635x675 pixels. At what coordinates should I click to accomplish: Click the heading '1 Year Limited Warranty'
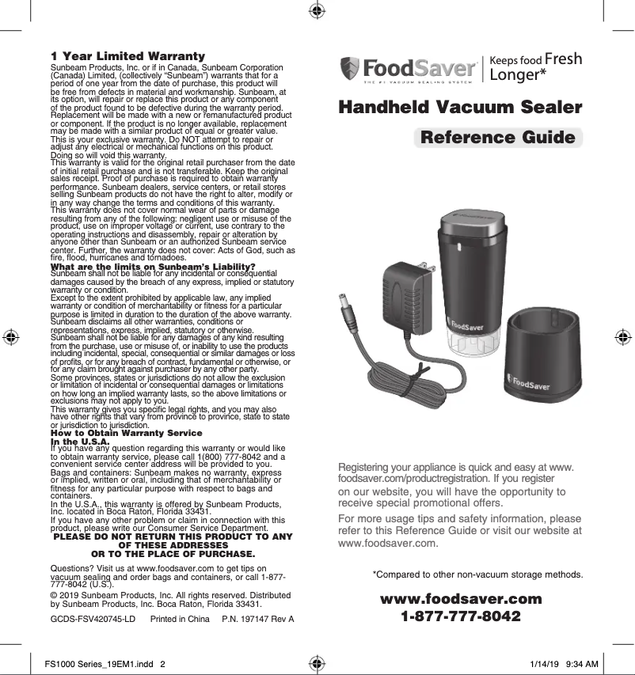click(127, 56)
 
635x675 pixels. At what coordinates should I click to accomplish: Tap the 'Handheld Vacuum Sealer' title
click(460, 108)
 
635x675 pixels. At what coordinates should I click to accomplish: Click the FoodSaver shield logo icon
click(350, 68)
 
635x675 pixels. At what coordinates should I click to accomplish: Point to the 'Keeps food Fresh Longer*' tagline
click(535, 67)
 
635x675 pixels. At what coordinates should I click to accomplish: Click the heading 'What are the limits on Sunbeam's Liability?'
click(152, 266)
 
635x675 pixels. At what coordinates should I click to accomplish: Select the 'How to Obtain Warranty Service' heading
click(127, 433)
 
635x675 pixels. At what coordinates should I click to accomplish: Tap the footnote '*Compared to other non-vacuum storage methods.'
click(477, 574)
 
